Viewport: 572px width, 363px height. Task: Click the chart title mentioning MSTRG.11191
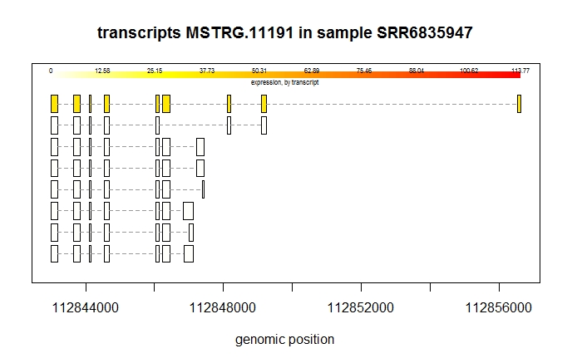285,33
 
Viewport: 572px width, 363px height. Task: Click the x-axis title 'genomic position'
285,340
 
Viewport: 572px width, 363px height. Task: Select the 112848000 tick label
224,308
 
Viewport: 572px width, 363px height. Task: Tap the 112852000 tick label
362,308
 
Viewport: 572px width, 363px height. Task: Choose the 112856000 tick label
499,308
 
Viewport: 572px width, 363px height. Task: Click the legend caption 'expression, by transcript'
285,82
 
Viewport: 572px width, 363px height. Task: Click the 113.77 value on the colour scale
520,71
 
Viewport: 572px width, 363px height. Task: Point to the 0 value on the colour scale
51,71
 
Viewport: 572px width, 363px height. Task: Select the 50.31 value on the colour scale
259,71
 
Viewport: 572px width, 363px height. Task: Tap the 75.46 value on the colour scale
364,71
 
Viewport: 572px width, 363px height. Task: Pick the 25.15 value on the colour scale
155,71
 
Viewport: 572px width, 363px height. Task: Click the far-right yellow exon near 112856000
519,104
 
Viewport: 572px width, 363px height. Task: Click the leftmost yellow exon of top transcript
54,104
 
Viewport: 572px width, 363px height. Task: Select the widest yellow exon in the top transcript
166,104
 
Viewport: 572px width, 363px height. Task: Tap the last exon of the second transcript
264,125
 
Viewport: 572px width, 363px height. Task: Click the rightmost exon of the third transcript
200,147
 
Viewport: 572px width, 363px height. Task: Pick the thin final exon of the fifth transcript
203,190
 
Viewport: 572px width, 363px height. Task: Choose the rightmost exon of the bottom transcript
189,253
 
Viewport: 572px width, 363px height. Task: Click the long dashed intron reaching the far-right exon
391,104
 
